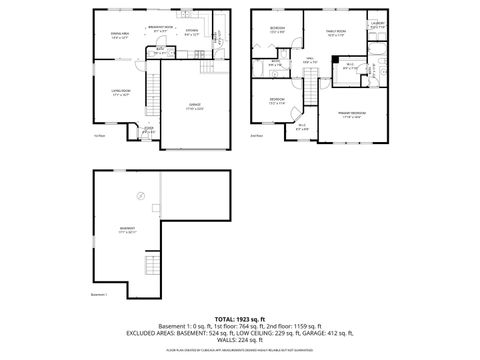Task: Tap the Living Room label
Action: click(124, 95)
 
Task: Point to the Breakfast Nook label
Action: click(162, 28)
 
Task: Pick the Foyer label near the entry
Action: click(148, 129)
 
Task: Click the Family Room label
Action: click(335, 32)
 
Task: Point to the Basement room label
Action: click(128, 229)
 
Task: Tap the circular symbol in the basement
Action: click(140, 196)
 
